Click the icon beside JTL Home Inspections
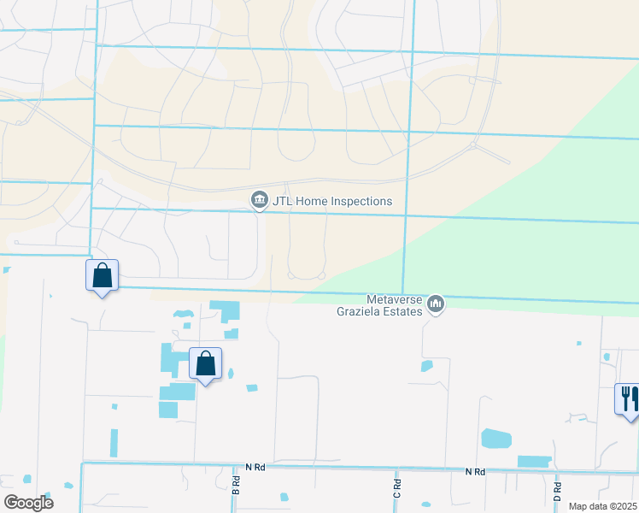pyautogui.click(x=259, y=201)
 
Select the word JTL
pyautogui.click(x=282, y=202)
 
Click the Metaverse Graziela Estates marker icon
pyautogui.click(x=436, y=304)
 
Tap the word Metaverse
pyautogui.click(x=396, y=299)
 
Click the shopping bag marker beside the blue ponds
pyautogui.click(x=205, y=364)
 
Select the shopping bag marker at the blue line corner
pyautogui.click(x=102, y=276)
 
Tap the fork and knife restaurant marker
pyautogui.click(x=629, y=399)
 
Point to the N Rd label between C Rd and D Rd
pyautogui.click(x=475, y=472)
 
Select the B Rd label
pyautogui.click(x=237, y=485)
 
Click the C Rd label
pyautogui.click(x=396, y=489)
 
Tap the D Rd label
pyautogui.click(x=557, y=491)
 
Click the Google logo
pyautogui.click(x=28, y=503)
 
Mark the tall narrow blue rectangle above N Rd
pyautogui.click(x=114, y=442)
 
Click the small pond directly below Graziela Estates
pyautogui.click(x=426, y=366)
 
